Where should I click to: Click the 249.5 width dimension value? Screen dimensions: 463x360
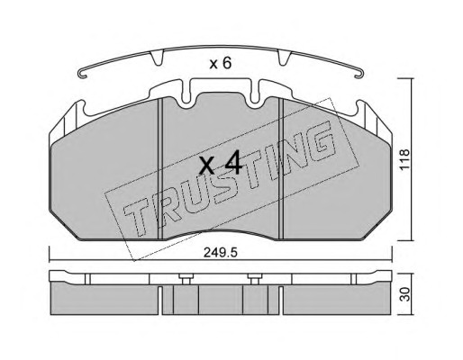click(x=221, y=253)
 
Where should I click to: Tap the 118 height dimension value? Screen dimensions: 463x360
click(x=404, y=159)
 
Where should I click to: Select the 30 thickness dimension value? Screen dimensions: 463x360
click(x=405, y=294)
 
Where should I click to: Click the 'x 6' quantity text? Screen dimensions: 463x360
click(x=221, y=64)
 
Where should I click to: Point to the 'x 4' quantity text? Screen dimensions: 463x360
click(x=221, y=164)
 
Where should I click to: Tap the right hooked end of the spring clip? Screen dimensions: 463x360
click(x=359, y=73)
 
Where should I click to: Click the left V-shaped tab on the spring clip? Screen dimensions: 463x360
click(x=157, y=58)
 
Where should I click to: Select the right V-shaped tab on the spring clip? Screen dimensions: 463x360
click(x=285, y=58)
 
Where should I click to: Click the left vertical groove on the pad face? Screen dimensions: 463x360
click(x=160, y=169)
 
